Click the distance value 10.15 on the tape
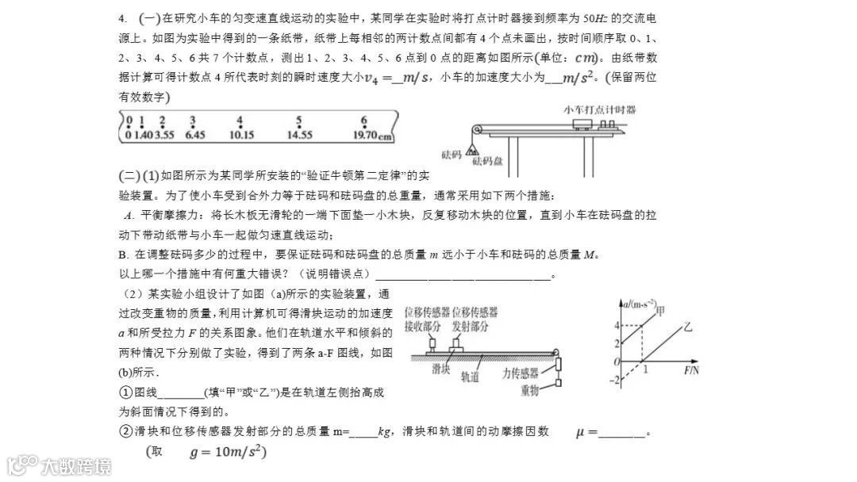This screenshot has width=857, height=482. [x=240, y=135]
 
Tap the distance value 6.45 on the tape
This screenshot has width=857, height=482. [x=194, y=135]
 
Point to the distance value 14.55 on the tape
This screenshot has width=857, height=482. [x=299, y=135]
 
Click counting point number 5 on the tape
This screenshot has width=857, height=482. [x=298, y=121]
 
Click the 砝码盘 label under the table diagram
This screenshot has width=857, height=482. [x=488, y=161]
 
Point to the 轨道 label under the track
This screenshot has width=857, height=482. [x=471, y=378]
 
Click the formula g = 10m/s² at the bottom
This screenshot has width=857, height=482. [x=227, y=453]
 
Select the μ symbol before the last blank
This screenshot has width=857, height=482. [x=583, y=432]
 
